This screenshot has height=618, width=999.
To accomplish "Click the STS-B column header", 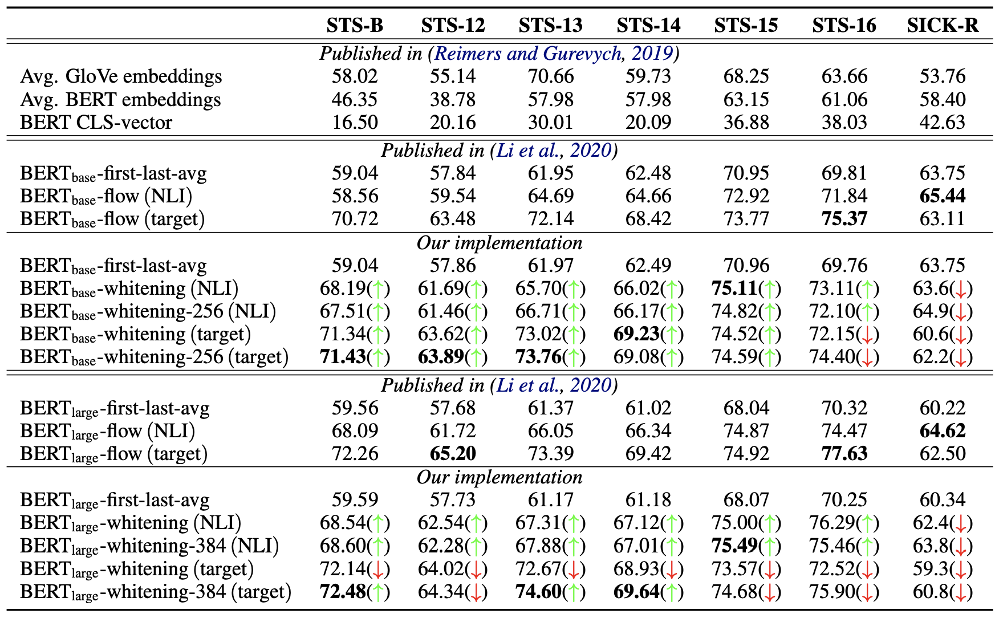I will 355,25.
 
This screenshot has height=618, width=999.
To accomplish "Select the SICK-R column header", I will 943,25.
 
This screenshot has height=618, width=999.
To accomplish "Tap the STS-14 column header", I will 648,25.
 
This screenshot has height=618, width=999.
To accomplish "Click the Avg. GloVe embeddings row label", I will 121,76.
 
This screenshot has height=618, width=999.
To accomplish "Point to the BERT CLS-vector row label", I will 96,123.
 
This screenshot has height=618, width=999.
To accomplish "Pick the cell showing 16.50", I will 355,123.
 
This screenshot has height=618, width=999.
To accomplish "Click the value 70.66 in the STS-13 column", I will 550,76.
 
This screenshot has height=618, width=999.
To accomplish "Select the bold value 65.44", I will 943,196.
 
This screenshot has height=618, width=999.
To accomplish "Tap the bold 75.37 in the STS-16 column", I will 844,219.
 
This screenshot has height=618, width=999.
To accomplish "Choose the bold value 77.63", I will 844,454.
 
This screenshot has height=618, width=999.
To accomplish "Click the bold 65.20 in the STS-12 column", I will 453,454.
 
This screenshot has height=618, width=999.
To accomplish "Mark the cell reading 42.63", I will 943,123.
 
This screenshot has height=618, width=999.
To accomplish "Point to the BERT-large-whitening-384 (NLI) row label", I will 149,546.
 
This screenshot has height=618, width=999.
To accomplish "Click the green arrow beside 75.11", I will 770,289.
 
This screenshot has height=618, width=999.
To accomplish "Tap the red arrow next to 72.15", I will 867,335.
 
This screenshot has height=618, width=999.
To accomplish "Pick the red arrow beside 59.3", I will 961,570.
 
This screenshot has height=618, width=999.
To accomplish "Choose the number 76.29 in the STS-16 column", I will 832,523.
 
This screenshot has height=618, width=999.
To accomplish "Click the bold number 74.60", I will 539,592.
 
